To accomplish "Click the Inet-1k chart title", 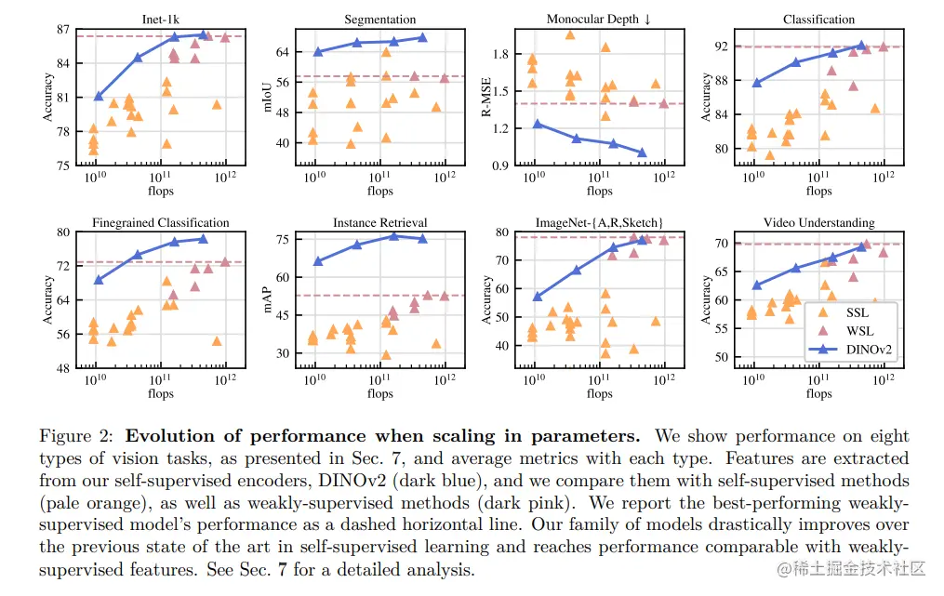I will pyautogui.click(x=161, y=19).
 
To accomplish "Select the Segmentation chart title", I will pyautogui.click(x=379, y=19).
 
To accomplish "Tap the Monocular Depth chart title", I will pyautogui.click(x=599, y=19).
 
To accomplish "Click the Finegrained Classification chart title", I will pyautogui.click(x=161, y=223).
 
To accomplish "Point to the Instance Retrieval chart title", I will pyautogui.click(x=379, y=223).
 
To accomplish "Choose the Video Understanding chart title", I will pyautogui.click(x=818, y=223).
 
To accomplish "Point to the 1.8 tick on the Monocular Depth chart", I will pyautogui.click(x=503, y=55).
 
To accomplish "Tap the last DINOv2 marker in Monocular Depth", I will pyautogui.click(x=641, y=152).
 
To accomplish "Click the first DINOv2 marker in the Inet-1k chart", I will pyautogui.click(x=99, y=96).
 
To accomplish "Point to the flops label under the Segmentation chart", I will pyautogui.click(x=379, y=191).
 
